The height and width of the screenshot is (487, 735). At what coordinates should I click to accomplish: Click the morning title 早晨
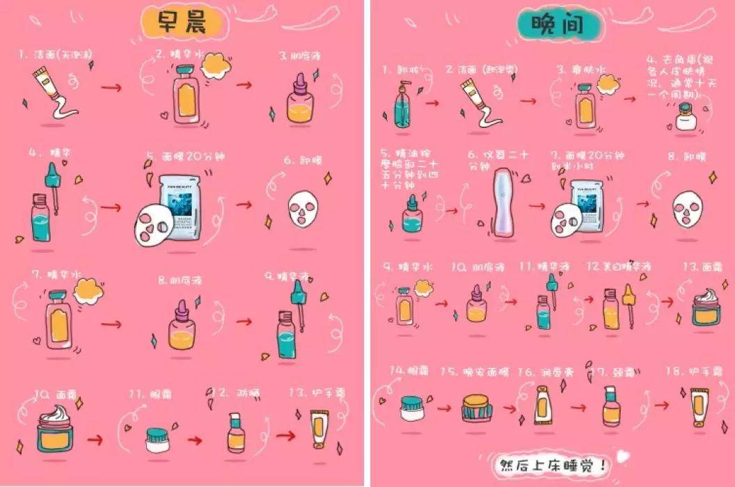click(182, 24)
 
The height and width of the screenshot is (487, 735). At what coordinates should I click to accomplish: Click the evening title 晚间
click(551, 24)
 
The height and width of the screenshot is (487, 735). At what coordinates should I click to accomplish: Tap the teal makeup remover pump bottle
click(402, 106)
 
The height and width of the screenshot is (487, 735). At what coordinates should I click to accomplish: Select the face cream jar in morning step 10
click(59, 429)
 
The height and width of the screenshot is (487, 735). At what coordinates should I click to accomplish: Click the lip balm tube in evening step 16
click(543, 406)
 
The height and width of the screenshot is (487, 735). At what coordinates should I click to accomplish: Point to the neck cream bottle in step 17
click(611, 407)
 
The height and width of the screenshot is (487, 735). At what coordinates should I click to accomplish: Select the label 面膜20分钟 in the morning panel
click(180, 157)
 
